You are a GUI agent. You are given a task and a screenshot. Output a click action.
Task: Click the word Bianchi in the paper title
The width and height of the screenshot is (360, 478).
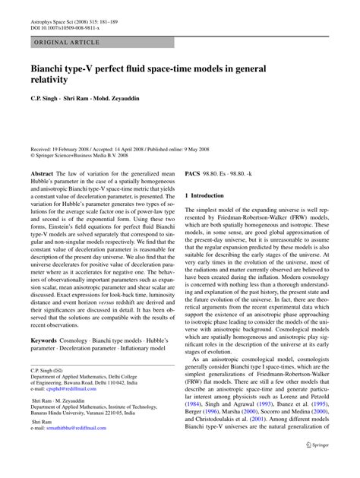[x=53, y=69]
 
